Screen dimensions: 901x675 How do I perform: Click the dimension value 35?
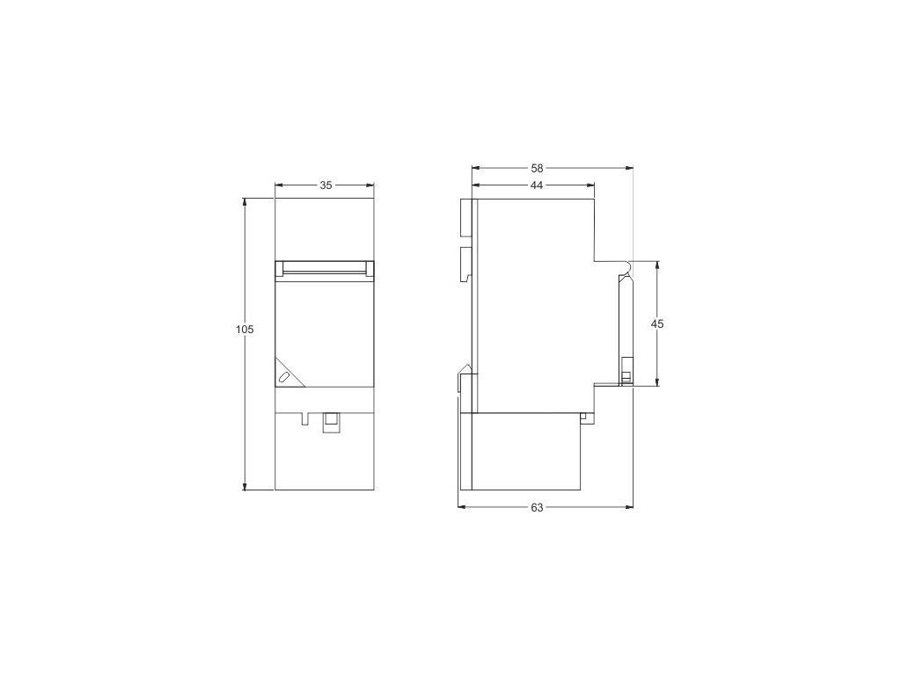326,185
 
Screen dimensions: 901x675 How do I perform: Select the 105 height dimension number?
245,330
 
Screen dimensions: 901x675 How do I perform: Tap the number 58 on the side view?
537,168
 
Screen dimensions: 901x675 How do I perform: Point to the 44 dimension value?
537,185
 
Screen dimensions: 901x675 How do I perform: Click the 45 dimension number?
657,323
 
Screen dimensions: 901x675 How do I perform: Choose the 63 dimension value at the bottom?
537,507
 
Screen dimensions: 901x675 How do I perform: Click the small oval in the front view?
283,377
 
